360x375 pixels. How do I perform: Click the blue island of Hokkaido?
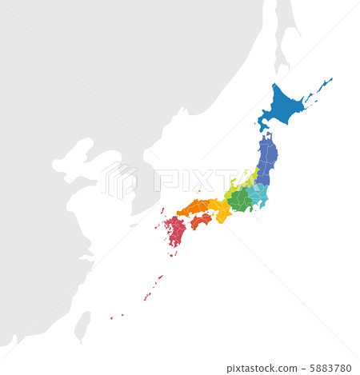click(x=284, y=104)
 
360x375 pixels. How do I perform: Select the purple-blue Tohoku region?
click(x=266, y=156)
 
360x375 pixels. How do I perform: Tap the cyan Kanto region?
click(x=258, y=194)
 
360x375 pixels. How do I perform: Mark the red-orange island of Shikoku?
click(x=201, y=219)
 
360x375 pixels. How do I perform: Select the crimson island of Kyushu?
click(x=175, y=232)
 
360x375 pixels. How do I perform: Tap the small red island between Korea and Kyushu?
click(x=162, y=211)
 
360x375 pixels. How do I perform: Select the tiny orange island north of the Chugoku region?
click(x=198, y=191)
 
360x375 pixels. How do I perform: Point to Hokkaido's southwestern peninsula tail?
click(x=263, y=123)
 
